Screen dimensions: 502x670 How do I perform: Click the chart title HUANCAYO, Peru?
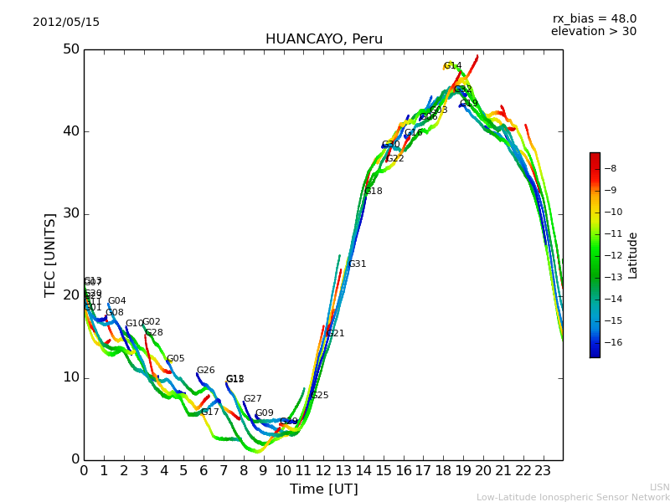(323, 39)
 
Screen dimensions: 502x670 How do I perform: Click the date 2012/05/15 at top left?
(66, 23)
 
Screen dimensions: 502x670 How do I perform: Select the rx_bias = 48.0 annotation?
(594, 19)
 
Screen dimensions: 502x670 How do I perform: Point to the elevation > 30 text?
(593, 32)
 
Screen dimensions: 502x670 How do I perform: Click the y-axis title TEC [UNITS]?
(50, 254)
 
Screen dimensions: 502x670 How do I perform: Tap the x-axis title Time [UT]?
(323, 489)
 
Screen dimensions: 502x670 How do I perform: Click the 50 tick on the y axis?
(70, 49)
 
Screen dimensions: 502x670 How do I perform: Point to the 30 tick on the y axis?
(70, 213)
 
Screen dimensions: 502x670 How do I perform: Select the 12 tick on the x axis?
(323, 471)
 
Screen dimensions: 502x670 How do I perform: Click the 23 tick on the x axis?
(543, 471)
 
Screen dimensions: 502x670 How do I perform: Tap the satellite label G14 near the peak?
(452, 66)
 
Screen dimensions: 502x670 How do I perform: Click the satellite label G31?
(357, 264)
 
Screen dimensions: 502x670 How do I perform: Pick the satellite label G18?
(373, 192)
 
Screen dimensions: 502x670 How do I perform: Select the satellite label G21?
(335, 334)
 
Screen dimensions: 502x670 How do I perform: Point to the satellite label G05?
(175, 359)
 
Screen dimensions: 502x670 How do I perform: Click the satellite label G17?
(209, 412)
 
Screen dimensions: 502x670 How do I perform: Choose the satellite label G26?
(205, 371)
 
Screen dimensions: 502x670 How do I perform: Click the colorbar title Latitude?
(633, 255)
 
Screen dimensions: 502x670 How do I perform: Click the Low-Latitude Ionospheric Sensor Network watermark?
(573, 497)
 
